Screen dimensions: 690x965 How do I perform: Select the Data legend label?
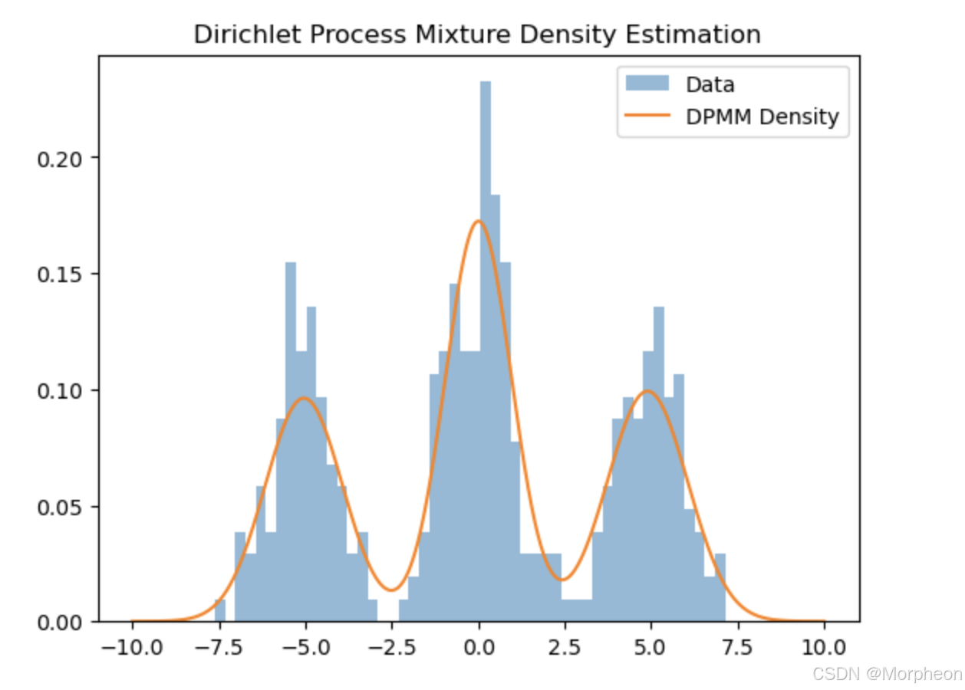[x=710, y=84]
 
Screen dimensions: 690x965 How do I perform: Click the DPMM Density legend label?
[x=762, y=117]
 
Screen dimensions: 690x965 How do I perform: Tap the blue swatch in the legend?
[x=647, y=84]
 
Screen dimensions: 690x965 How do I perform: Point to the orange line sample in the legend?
[x=647, y=117]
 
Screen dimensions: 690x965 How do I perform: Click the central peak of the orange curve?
[x=479, y=222]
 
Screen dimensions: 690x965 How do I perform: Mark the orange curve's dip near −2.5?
[x=392, y=590]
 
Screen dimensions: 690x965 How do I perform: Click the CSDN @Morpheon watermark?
[x=886, y=674]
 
